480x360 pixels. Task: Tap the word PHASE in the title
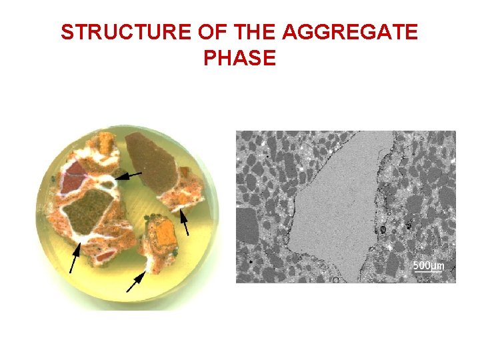[239, 59]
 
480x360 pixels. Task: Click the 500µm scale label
[428, 265]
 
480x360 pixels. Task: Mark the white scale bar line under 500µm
[428, 273]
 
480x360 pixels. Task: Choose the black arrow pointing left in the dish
[130, 175]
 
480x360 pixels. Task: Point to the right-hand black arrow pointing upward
[186, 223]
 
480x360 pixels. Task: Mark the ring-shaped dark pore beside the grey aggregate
[383, 230]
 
